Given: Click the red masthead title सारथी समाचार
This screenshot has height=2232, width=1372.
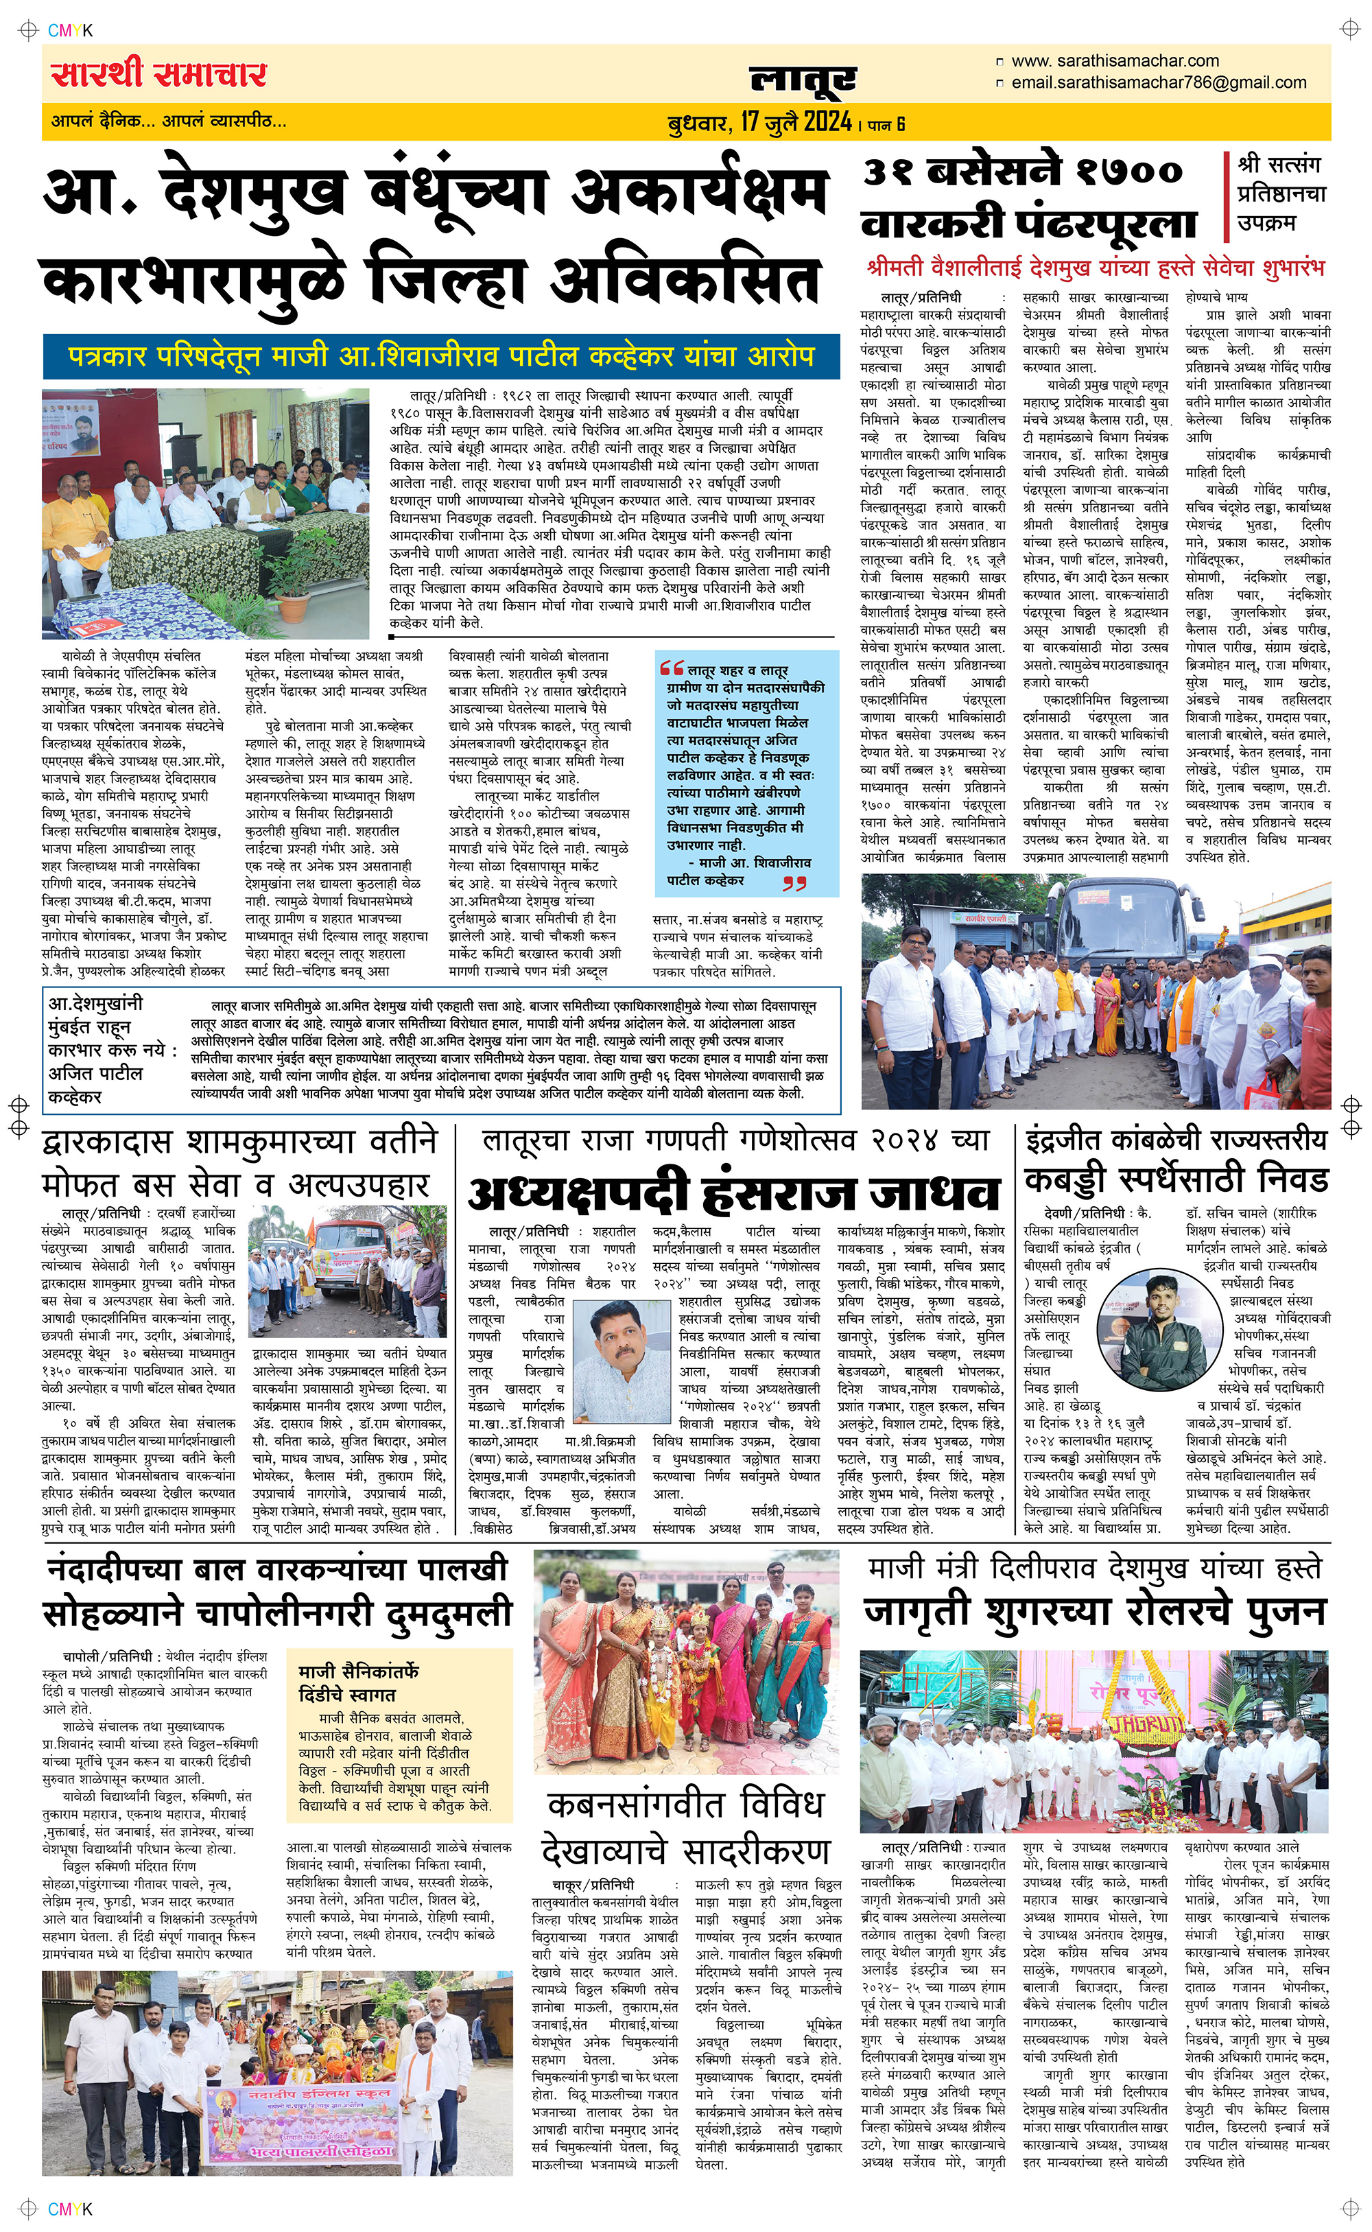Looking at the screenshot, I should coord(158,74).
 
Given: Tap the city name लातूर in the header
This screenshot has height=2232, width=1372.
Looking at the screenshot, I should coord(802,80).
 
